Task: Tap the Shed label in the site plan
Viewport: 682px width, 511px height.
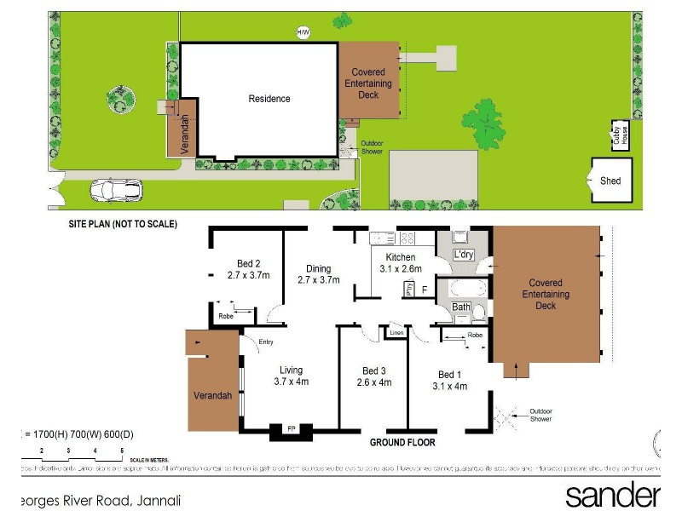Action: (x=610, y=181)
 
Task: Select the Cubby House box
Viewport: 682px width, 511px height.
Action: (x=623, y=135)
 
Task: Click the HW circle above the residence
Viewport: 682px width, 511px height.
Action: (x=302, y=32)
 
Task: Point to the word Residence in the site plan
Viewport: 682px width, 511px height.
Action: (x=269, y=99)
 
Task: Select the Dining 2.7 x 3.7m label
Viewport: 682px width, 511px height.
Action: (x=318, y=273)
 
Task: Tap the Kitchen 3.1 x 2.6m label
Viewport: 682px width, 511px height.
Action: (x=400, y=262)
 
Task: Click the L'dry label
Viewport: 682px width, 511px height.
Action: (x=464, y=255)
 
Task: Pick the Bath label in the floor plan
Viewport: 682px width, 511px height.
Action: (x=461, y=307)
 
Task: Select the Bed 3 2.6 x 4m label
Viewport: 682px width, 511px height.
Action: (x=373, y=376)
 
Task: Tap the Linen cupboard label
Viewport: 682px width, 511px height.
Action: (x=396, y=332)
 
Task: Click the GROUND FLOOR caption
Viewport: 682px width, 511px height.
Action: (x=402, y=444)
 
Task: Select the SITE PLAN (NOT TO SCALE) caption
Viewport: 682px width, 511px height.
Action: (x=123, y=225)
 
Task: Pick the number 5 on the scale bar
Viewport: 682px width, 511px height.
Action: (x=122, y=449)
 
